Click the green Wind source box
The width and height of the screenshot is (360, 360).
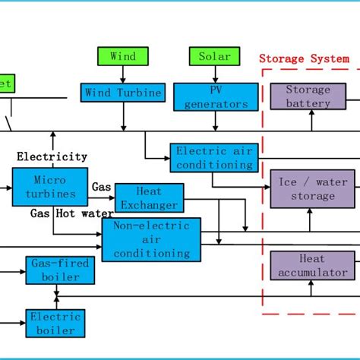tap(123, 56)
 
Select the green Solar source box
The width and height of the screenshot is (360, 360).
tap(214, 56)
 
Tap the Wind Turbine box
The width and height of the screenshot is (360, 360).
tap(123, 93)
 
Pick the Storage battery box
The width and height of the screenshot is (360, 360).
tap(308, 96)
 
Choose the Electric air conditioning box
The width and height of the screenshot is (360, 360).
tap(213, 158)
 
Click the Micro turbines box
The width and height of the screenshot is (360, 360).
tap(50, 187)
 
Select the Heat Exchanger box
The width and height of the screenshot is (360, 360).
tap(158, 197)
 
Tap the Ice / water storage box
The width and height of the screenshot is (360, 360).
tap(312, 189)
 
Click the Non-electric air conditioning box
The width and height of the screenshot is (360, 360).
tap(151, 240)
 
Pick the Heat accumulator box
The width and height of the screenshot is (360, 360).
tap(312, 266)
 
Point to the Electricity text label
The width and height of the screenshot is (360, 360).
tap(52, 156)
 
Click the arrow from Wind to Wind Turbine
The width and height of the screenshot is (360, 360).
tap(123, 74)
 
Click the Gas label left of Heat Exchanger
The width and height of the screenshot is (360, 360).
tap(101, 186)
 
